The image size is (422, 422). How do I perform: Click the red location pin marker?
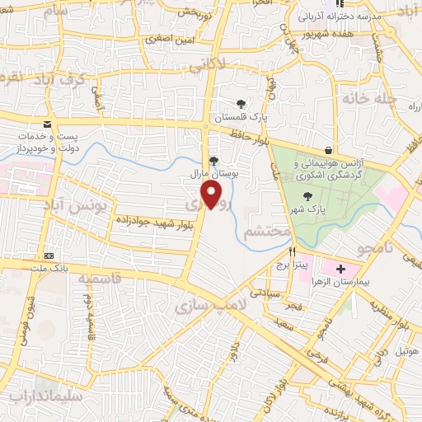coord(212,195)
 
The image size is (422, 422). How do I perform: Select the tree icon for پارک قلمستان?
coord(240,104)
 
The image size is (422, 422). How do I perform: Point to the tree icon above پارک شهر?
coord(307,195)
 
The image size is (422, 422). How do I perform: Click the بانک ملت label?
coord(49,268)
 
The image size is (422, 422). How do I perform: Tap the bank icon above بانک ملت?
coord(49,256)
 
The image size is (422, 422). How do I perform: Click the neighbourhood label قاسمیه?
coord(101,280)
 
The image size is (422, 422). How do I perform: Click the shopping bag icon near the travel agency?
coord(330,151)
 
